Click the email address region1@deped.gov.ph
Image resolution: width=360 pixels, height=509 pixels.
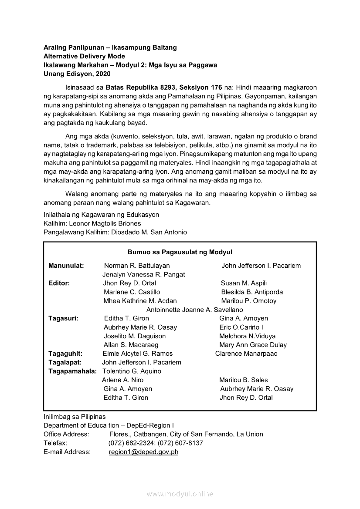[143, 452]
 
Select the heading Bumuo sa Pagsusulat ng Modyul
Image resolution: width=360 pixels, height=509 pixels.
[180, 252]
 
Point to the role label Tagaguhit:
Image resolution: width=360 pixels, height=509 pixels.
[65, 354]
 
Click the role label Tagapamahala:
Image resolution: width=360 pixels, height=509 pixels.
[72, 371]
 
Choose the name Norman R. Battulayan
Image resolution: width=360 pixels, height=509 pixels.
[137, 266]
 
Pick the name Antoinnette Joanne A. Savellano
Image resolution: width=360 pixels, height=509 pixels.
[194, 310]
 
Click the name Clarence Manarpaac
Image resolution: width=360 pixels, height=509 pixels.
[246, 354]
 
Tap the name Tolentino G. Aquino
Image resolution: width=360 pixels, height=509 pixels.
[132, 371]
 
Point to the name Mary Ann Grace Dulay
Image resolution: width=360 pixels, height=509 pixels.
[253, 345]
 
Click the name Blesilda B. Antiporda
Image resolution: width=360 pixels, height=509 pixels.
[252, 292]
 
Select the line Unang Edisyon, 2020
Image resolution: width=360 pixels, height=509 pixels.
[77, 74]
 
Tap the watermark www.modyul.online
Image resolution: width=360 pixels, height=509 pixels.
[180, 494]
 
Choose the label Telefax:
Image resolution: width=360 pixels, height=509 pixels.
[55, 443]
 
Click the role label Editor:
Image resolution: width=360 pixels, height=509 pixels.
[59, 283]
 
